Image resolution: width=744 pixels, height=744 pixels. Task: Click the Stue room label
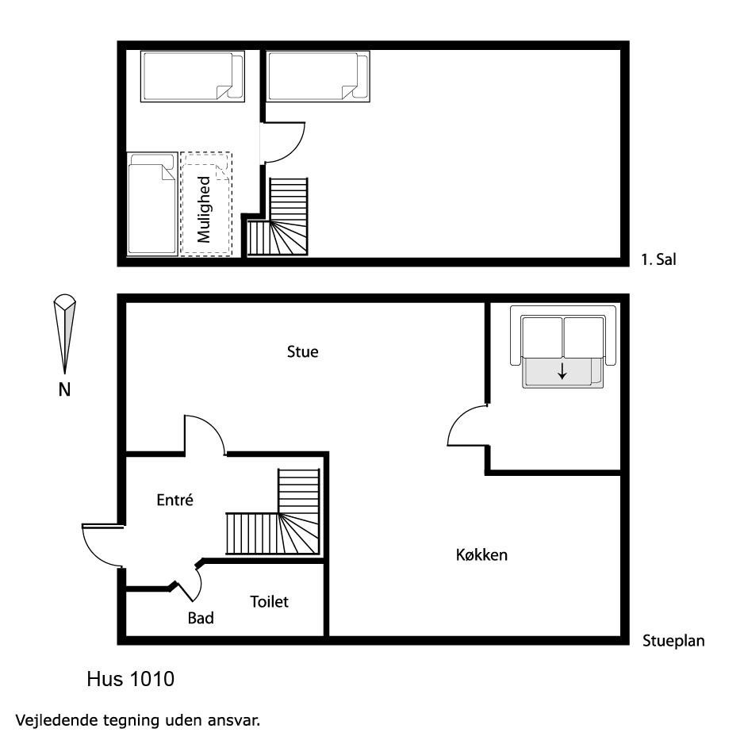click(x=303, y=351)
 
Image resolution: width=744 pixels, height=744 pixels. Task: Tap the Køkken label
click(x=481, y=554)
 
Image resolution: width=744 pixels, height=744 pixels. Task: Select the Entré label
click(x=175, y=500)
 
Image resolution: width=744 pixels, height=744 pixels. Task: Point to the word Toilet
click(x=269, y=602)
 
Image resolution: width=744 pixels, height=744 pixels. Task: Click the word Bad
click(x=201, y=618)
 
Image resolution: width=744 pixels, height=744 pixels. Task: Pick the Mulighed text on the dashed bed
click(x=204, y=209)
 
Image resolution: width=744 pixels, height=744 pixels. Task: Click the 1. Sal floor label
click(x=658, y=259)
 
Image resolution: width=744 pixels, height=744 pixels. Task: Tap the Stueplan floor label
click(x=673, y=641)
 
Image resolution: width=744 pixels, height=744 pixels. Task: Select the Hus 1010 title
click(x=131, y=679)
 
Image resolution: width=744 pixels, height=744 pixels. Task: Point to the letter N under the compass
click(x=64, y=389)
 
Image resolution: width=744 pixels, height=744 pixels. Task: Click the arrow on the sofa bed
click(x=562, y=371)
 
